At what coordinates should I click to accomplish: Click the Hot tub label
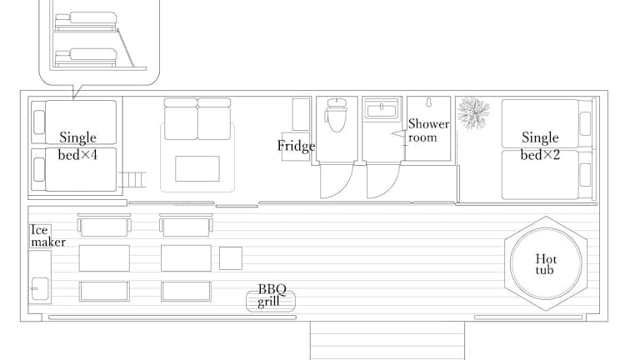point(546,264)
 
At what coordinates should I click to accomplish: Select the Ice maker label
point(47,236)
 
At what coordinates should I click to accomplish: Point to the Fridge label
point(296,146)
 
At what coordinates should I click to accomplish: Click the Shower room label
point(428,130)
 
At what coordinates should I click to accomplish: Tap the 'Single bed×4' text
point(77,146)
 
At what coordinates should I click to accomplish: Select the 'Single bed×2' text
point(540,146)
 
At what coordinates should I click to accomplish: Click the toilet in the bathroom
point(337,115)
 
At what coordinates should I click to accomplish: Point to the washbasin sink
point(382,110)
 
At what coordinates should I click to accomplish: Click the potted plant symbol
point(473,112)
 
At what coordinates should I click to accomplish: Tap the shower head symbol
point(428,102)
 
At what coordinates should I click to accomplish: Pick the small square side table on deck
point(231,258)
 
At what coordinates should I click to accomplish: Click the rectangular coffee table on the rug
point(197,168)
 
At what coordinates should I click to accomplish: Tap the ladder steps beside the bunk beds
point(132,180)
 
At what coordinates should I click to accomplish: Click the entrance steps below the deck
point(387,340)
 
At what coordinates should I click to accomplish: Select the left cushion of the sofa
point(181,119)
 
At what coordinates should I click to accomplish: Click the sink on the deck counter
point(40,288)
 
